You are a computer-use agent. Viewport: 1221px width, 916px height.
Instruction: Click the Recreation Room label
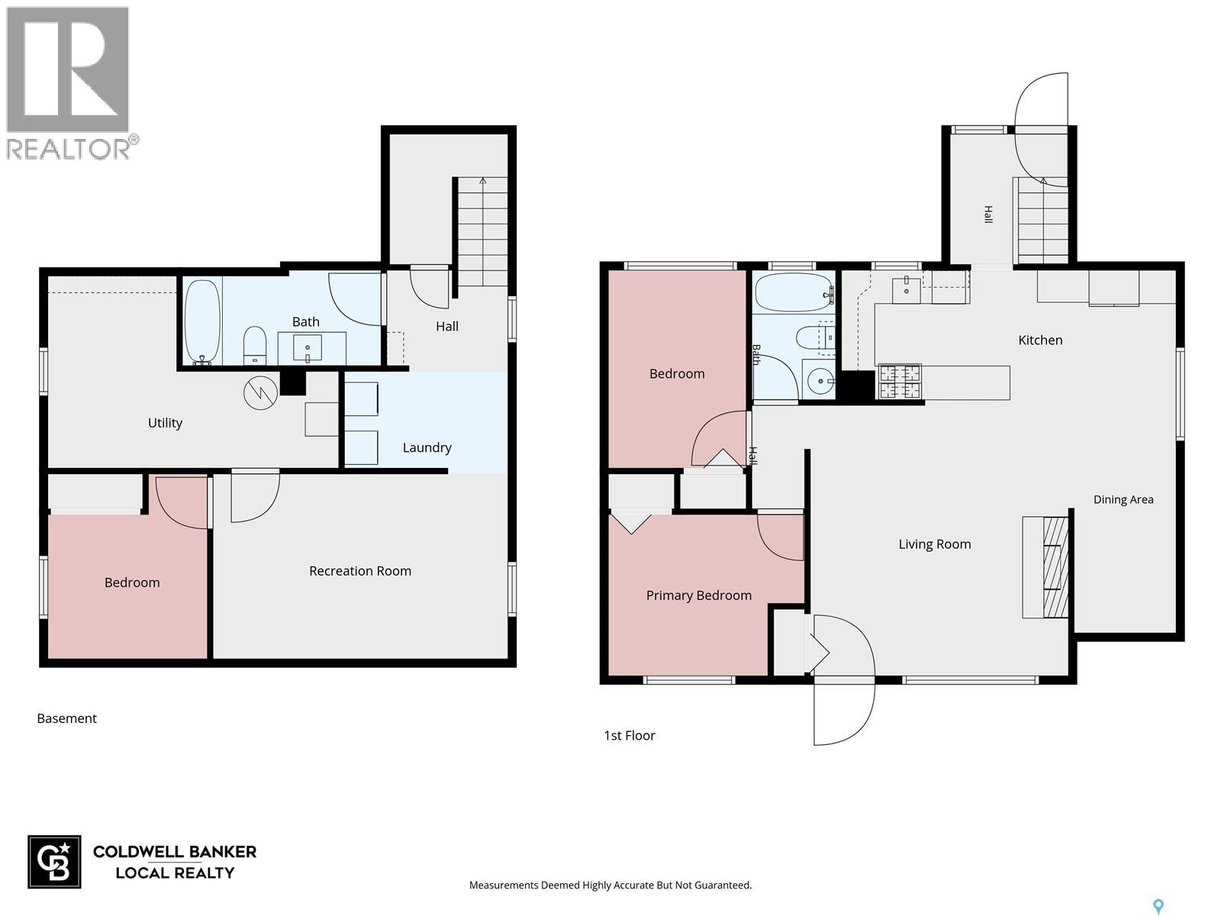click(360, 571)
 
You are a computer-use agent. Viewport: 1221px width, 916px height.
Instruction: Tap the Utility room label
click(165, 423)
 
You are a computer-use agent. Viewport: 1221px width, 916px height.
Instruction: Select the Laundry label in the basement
click(427, 448)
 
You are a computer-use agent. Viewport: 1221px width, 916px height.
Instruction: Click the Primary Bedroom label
click(699, 595)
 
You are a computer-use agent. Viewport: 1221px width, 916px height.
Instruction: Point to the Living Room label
click(935, 544)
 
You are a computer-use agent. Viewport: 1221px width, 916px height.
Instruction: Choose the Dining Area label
click(1123, 499)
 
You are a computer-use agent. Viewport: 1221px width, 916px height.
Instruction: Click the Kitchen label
click(1040, 340)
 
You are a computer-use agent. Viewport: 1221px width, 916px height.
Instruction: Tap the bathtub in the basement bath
click(202, 322)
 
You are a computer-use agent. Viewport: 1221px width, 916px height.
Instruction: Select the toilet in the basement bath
click(255, 345)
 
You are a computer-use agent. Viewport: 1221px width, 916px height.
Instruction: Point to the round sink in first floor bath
click(820, 382)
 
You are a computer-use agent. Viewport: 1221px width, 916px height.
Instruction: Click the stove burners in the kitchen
click(900, 382)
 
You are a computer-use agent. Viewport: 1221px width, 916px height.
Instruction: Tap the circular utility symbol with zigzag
click(260, 392)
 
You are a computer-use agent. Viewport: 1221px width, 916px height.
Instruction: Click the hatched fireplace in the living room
click(1055, 566)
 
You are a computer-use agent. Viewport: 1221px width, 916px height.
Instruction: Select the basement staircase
click(482, 232)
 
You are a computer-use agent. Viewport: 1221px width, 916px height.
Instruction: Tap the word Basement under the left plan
click(66, 718)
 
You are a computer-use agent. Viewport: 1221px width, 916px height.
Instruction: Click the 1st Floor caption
click(629, 735)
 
